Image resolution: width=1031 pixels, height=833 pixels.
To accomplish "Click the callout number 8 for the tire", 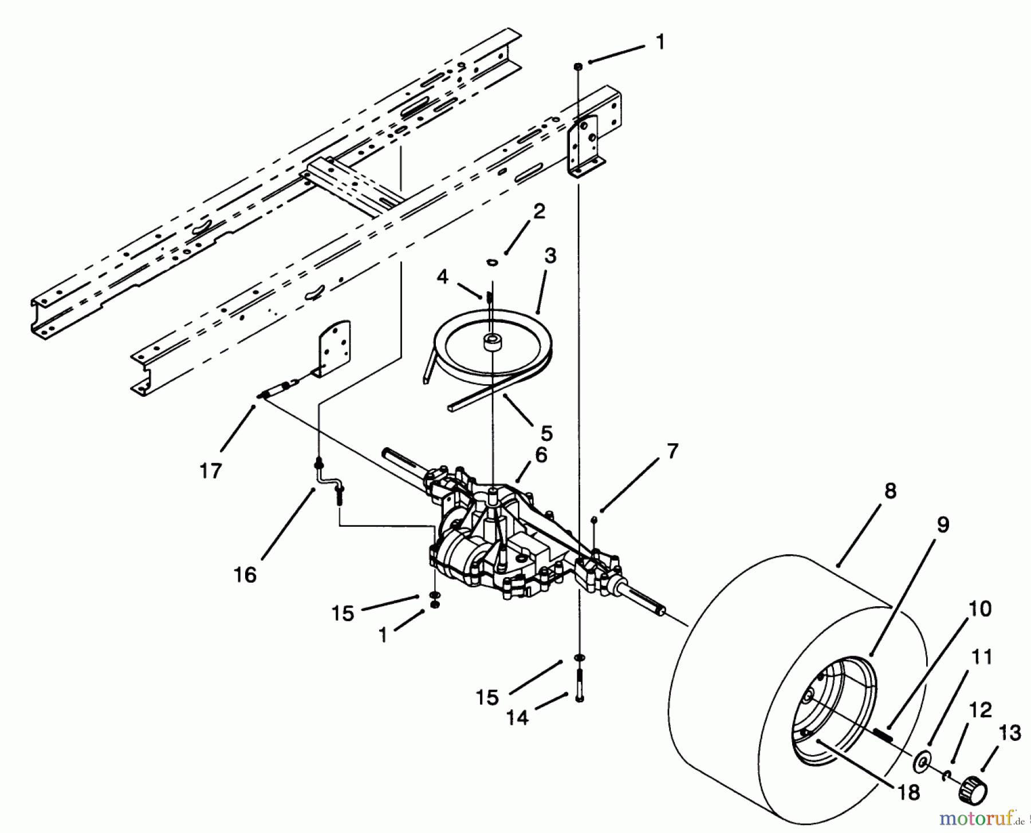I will [x=890, y=492].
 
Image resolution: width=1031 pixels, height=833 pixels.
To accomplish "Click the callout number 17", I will [x=210, y=471].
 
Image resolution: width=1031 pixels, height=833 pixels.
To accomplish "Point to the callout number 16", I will [x=245, y=574].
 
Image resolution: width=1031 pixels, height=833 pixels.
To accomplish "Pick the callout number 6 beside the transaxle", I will [x=541, y=455].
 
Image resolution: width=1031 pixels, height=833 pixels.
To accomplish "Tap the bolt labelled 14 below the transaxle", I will [x=580, y=685].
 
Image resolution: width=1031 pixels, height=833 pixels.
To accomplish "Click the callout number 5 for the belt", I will [x=546, y=432].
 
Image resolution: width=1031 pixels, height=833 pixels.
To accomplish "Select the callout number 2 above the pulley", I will [x=538, y=211].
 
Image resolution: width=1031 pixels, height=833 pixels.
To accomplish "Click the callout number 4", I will [x=442, y=277].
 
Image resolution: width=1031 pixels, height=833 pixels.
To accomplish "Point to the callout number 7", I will [x=672, y=452].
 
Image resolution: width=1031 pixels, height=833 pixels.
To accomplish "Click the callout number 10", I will [x=980, y=609].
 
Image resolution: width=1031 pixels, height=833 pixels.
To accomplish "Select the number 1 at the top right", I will [x=660, y=42].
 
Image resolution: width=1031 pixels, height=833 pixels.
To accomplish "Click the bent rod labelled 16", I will [x=328, y=475].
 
